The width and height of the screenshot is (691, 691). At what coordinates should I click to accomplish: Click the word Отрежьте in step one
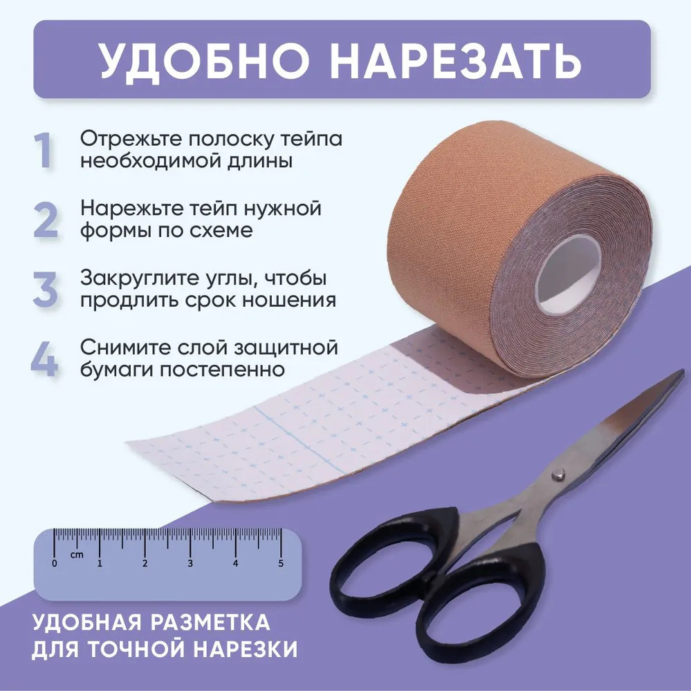pyautogui.click(x=131, y=140)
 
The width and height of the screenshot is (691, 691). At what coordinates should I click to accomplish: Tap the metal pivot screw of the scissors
pyautogui.click(x=560, y=474)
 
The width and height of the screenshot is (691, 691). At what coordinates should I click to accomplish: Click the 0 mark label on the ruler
pyautogui.click(x=54, y=563)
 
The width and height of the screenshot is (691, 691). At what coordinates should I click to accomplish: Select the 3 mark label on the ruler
pyautogui.click(x=190, y=563)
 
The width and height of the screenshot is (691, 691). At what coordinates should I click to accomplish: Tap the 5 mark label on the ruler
pyautogui.click(x=281, y=563)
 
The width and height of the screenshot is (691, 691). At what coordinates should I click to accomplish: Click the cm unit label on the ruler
pyautogui.click(x=77, y=554)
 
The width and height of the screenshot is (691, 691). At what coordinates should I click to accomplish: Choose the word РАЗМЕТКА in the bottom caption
pyautogui.click(x=210, y=623)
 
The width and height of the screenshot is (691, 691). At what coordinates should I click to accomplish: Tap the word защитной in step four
pyautogui.click(x=286, y=348)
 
